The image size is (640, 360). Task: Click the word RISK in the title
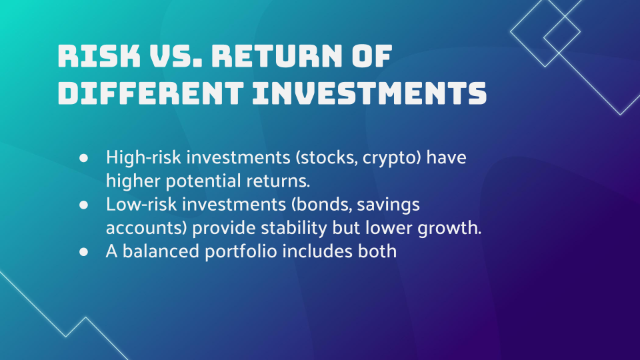coord(99,55)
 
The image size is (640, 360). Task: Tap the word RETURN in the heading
coord(276,55)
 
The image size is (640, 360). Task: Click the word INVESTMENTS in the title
coord(369,93)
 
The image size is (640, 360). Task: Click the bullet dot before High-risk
coord(84,158)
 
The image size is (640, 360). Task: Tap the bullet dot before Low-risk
coord(84,205)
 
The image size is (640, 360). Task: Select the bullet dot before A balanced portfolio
coord(84,252)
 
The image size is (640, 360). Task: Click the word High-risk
coord(143,157)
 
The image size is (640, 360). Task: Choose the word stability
coord(294,229)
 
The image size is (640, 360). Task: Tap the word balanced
coord(161,251)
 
